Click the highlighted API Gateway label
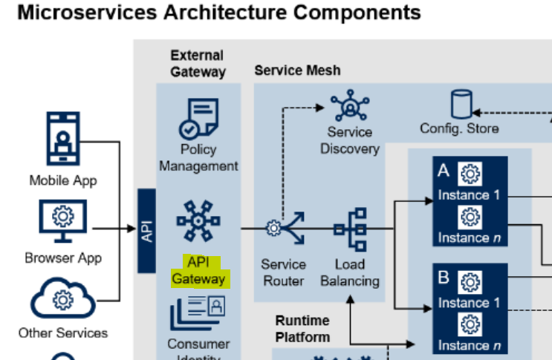198,272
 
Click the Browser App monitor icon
62,220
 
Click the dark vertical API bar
147,231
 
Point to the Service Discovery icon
348,106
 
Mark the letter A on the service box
444,171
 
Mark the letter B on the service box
444,279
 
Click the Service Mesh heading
297,71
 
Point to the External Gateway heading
198,63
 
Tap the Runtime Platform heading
303,329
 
